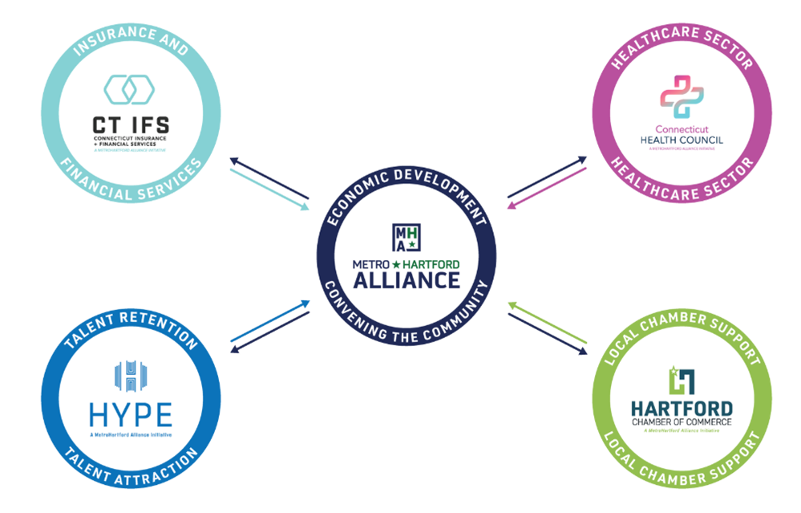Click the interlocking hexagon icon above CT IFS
coord(130,90)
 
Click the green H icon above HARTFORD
coord(681,380)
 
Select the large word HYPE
coord(130,415)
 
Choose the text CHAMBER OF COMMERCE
coord(681,421)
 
